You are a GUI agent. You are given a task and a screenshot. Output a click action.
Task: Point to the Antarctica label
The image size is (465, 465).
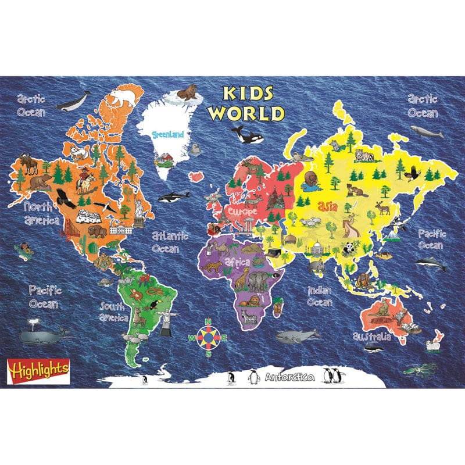click(x=289, y=378)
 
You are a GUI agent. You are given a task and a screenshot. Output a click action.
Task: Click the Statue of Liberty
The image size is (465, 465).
click(x=139, y=208)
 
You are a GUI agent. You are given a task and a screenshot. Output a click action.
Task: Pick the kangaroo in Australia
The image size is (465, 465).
click(x=384, y=307)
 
